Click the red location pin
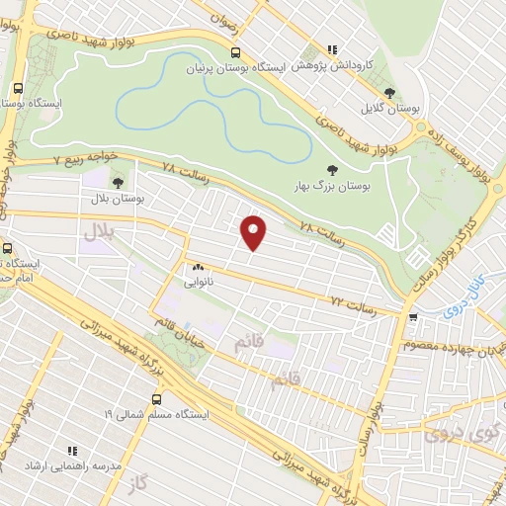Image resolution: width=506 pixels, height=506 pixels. (255, 231)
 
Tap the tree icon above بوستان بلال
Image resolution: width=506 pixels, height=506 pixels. (119, 183)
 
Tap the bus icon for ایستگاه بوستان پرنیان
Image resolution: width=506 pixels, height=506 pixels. (235, 53)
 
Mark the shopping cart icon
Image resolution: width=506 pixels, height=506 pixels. (412, 317)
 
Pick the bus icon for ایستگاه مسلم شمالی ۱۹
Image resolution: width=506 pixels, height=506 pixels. (155, 400)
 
